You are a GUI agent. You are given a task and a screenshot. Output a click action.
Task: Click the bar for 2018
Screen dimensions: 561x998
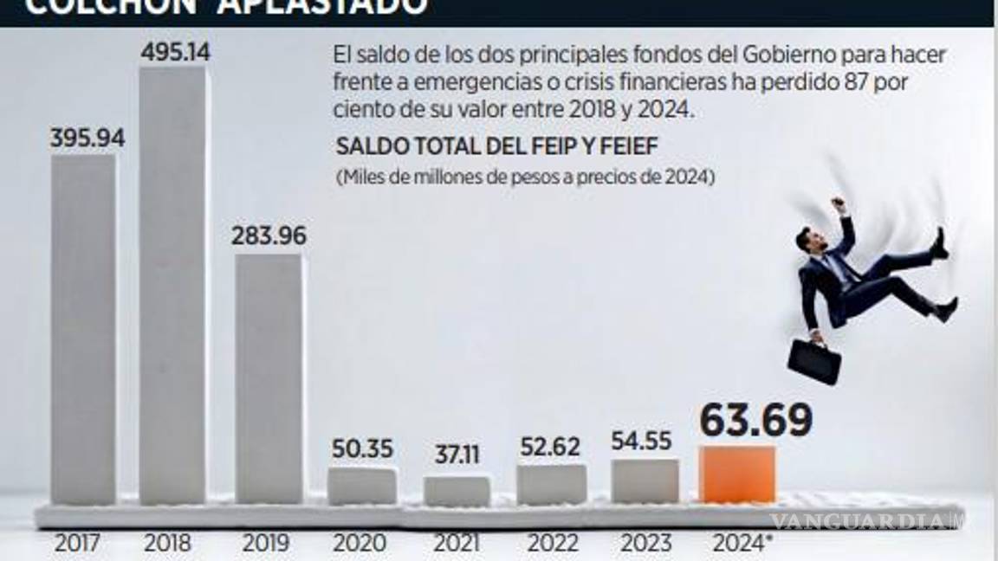pos(173,286)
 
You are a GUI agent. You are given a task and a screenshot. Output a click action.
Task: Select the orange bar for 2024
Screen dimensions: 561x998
pos(737,474)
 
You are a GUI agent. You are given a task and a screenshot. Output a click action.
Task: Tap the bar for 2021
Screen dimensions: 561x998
pos(457,491)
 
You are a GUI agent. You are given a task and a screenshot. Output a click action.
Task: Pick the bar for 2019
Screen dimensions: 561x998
pos(269,378)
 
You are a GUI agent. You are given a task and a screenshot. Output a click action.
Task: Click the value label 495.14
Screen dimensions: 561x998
pos(175,52)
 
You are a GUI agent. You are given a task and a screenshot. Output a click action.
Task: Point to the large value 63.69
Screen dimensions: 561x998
pos(755,422)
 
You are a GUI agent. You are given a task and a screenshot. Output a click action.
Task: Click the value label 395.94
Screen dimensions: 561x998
pos(87,139)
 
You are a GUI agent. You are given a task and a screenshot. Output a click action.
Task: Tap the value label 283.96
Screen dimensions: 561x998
pos(269,235)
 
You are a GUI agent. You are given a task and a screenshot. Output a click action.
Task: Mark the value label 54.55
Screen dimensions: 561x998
pos(641,442)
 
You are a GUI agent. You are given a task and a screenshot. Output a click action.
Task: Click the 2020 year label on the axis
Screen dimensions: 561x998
pos(360,545)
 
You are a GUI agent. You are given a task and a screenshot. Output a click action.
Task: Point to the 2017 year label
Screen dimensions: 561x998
pos(78,545)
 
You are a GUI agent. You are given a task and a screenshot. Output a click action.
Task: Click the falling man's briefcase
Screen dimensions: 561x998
pos(813,361)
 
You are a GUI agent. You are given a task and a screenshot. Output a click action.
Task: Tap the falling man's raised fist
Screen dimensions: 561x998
pos(838,205)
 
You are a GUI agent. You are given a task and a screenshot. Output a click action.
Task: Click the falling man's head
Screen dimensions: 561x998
pos(808,240)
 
